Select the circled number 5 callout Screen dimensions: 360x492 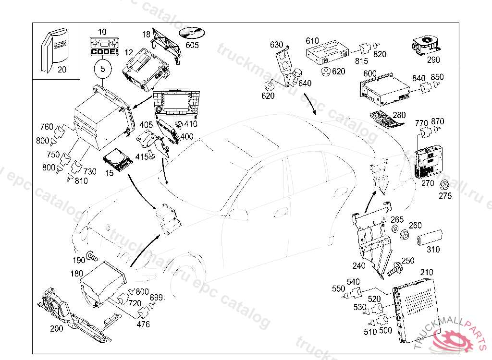point(102,69)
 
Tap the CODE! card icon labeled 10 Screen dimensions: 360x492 point(102,46)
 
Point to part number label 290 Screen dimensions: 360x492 point(434,60)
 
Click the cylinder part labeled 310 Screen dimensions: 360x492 point(429,238)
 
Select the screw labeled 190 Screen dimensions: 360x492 point(91,256)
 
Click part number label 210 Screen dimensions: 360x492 point(427,273)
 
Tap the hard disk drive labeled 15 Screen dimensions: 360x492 point(118,159)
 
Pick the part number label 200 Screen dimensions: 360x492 point(57,329)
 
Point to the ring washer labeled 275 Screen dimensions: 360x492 point(445,185)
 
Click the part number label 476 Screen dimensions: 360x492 point(143,324)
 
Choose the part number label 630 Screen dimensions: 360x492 point(276,45)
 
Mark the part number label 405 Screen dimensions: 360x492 point(146,125)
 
